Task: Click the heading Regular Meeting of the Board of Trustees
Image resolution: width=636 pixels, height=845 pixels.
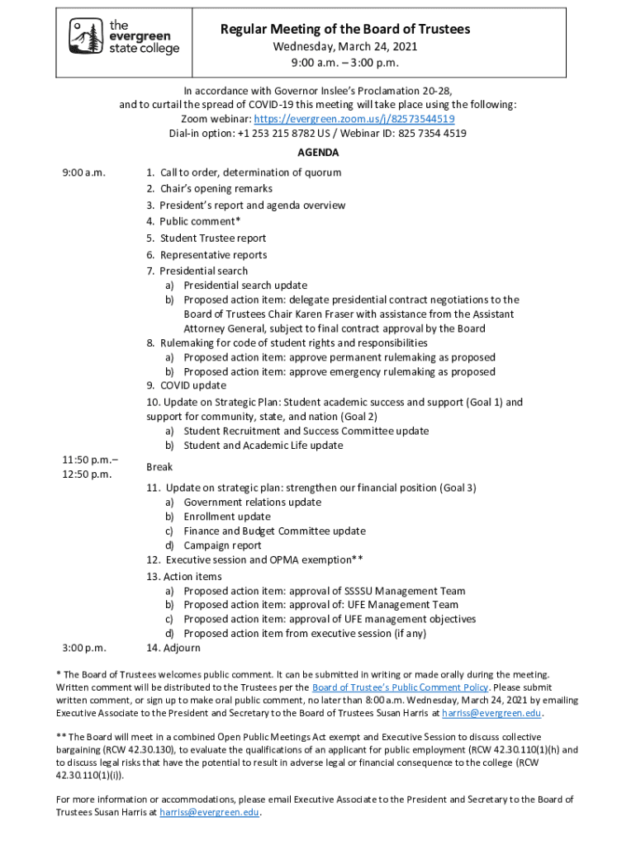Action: tap(344, 30)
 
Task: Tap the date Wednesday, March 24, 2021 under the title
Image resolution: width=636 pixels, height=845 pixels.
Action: tap(345, 47)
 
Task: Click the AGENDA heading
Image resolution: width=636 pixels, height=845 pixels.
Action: tap(318, 153)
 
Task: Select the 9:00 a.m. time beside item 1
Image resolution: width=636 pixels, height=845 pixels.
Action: tap(84, 173)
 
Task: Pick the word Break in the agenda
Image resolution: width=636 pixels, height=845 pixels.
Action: tap(159, 467)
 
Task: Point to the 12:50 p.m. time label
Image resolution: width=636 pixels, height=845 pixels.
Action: tap(88, 474)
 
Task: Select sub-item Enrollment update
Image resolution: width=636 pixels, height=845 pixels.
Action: tap(226, 517)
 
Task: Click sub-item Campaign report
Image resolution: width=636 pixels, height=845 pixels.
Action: tap(223, 545)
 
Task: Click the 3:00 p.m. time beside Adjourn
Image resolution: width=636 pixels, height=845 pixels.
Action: tap(84, 648)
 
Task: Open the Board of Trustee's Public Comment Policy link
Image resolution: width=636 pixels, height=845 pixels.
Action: tap(400, 687)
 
